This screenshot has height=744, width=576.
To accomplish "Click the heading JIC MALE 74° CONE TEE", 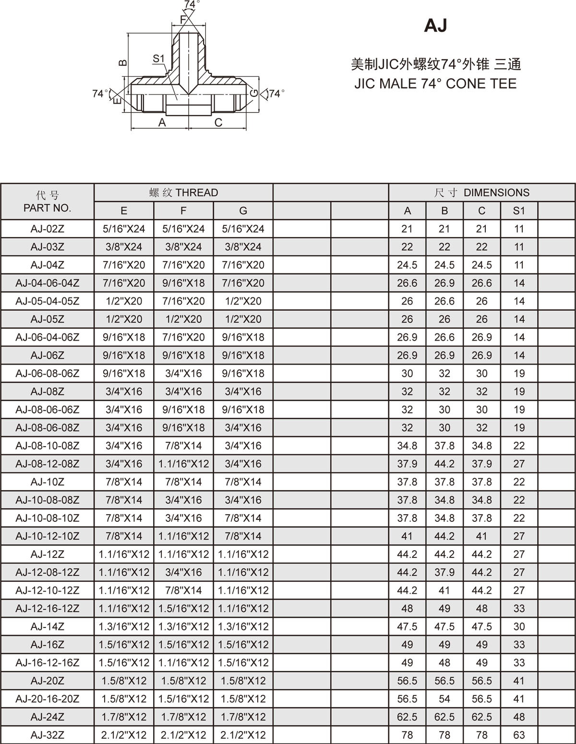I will click(435, 84).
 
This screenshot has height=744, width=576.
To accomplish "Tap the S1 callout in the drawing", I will click(158, 59).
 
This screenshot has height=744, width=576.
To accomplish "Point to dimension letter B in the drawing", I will click(123, 62).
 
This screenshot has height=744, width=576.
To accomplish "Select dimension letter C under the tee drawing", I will click(218, 123).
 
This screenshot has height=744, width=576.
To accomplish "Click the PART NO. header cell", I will click(47, 202).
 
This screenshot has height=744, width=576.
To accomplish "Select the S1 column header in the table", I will click(519, 211).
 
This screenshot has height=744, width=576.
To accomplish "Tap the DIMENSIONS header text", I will click(496, 193).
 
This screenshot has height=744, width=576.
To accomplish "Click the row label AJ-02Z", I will click(47, 229).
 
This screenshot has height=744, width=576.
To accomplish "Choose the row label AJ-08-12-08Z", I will click(47, 464).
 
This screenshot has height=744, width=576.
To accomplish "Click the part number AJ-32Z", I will click(47, 735).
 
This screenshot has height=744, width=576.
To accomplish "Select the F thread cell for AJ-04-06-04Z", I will click(183, 283).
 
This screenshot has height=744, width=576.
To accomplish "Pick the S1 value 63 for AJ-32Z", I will click(519, 735).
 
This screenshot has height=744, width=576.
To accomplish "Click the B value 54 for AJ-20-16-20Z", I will click(444, 699).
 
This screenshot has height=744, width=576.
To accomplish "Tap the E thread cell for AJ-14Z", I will click(124, 626).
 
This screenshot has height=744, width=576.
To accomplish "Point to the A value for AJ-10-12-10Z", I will click(407, 536).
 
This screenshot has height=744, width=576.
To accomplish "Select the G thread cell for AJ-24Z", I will click(243, 717).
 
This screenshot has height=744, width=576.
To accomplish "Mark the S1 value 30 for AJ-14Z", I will click(519, 626).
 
